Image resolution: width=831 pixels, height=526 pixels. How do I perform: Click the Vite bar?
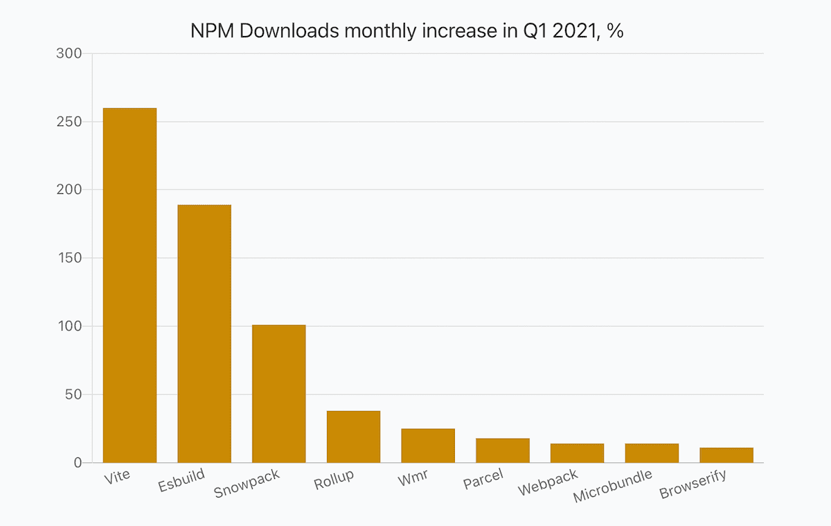coord(129,285)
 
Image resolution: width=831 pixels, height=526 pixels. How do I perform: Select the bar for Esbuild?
coord(204,333)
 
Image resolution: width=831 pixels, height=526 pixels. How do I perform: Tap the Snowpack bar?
coord(278,393)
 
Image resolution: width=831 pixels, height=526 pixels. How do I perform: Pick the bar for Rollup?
coord(353,437)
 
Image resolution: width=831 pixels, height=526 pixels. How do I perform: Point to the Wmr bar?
coord(428,446)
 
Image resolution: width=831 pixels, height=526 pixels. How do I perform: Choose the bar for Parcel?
coord(503,450)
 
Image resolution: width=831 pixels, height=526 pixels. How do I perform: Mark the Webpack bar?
coord(577,453)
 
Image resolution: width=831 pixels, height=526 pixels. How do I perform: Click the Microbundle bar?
coord(652,453)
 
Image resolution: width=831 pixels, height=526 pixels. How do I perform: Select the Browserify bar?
coord(726,455)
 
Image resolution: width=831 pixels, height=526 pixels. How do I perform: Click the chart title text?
coord(407,31)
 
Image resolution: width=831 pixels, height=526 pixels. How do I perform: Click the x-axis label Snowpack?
coord(247,484)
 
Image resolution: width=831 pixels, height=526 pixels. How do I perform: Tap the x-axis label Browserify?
coord(694,484)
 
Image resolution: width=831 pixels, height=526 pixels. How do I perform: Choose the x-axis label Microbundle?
coord(614,486)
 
